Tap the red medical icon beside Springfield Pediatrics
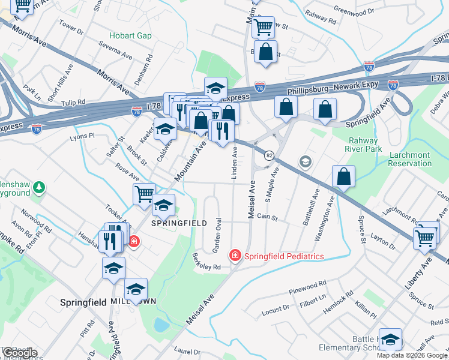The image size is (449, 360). click(x=235, y=256)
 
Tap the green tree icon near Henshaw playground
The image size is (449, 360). click(x=39, y=188)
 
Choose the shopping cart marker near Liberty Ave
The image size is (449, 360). click(x=425, y=238)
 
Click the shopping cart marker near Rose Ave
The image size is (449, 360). click(x=144, y=194)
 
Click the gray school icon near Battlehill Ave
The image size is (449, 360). click(x=306, y=161)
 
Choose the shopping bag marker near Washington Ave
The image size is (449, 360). click(x=343, y=176)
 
